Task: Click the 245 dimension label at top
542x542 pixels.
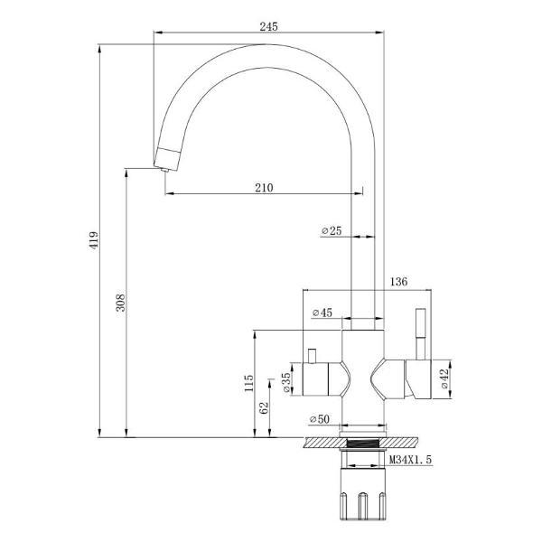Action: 267,27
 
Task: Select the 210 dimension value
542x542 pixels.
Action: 264,188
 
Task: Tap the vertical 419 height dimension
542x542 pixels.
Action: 93,240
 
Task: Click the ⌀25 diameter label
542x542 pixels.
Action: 331,231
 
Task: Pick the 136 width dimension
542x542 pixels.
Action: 397,282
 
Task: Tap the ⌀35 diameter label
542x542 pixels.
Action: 287,381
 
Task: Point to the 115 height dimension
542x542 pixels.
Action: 248,384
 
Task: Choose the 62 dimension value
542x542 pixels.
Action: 264,407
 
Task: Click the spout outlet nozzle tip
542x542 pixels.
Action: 163,164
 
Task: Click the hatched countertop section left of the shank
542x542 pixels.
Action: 325,442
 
